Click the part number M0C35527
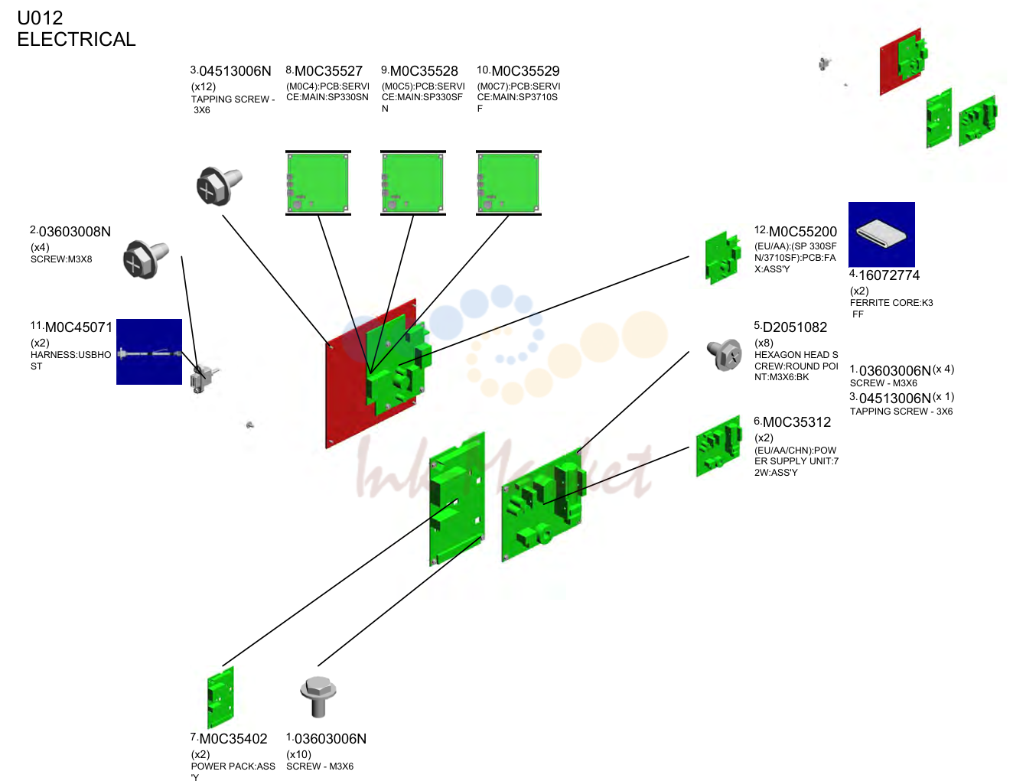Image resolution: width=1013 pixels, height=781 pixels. click(328, 71)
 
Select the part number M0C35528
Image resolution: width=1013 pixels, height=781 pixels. click(424, 71)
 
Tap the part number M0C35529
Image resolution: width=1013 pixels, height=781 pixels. click(526, 71)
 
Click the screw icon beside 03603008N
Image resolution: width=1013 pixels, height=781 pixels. click(145, 259)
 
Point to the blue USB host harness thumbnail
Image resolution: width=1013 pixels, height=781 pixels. click(149, 352)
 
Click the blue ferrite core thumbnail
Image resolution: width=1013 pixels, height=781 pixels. click(881, 234)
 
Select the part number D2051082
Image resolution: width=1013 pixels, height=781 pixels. click(795, 327)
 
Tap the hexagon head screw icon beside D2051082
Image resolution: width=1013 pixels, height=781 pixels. click(724, 355)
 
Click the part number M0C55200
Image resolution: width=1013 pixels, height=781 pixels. click(803, 232)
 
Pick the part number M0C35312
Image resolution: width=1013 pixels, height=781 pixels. click(796, 422)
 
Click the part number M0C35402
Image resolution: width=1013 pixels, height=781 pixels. click(233, 739)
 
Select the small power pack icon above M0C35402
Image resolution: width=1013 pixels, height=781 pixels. click(220, 698)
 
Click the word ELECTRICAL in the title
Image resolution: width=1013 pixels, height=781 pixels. click(77, 39)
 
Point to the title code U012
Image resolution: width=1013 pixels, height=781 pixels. click(40, 18)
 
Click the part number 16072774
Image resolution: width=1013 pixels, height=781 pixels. click(889, 275)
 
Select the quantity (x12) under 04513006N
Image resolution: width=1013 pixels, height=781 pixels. click(204, 86)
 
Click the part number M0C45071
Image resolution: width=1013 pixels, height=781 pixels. click(79, 327)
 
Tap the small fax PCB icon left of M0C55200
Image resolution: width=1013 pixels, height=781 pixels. click(723, 258)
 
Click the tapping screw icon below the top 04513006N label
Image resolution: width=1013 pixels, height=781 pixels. click(219, 186)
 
